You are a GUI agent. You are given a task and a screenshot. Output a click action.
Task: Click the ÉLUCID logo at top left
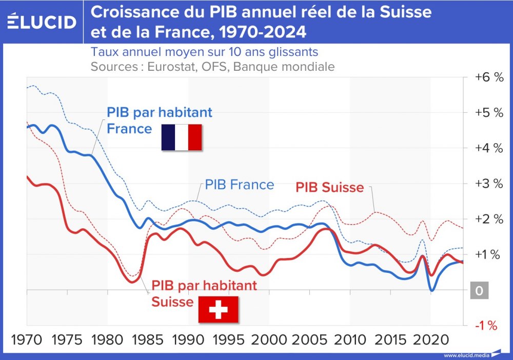pyautogui.click(x=42, y=22)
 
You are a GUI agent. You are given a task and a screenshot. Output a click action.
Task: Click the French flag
pyautogui.click(x=182, y=137)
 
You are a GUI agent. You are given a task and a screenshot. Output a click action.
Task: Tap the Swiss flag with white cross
pyautogui.click(x=219, y=309)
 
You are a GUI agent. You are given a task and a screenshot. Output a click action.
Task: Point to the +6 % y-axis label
pyautogui.click(x=489, y=77)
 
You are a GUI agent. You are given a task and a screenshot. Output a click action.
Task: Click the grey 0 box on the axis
pyautogui.click(x=479, y=291)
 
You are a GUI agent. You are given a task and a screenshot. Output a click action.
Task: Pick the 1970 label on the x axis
pyautogui.click(x=27, y=339)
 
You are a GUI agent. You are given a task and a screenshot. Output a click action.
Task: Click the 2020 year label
pyautogui.click(x=430, y=339)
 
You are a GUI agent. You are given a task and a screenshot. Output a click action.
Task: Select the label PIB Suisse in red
pyautogui.click(x=330, y=188)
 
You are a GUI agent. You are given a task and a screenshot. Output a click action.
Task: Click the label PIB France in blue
pyautogui.click(x=240, y=185)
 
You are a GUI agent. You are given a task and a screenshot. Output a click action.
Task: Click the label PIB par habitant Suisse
pyautogui.click(x=204, y=293)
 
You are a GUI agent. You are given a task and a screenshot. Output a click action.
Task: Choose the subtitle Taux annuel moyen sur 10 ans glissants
pyautogui.click(x=204, y=52)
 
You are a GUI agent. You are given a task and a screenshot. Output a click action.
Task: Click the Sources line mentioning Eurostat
pyautogui.click(x=212, y=67)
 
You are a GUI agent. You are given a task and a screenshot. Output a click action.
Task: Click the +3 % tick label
pyautogui.click(x=489, y=184)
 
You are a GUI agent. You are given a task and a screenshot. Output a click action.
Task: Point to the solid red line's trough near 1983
pyautogui.click(x=132, y=282)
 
